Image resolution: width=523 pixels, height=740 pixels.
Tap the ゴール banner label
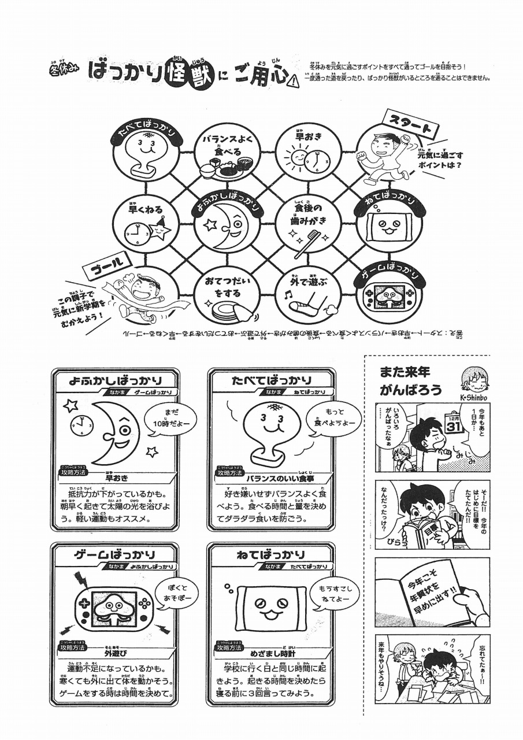tap(110, 267)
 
